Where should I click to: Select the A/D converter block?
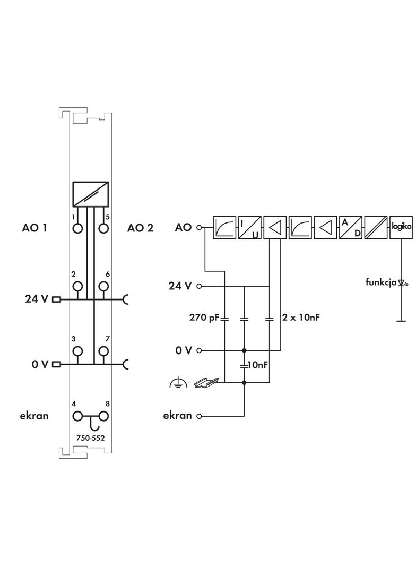[350, 227]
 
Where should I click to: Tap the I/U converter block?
[249, 227]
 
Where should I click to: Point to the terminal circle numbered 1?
[78, 228]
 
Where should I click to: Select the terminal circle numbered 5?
[103, 228]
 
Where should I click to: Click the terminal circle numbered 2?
[78, 286]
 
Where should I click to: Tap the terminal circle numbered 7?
[103, 351]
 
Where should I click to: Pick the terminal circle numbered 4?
[78, 416]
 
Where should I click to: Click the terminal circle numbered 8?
[103, 416]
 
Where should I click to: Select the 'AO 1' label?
[34, 228]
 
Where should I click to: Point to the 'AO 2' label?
[140, 228]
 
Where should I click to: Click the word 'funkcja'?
[381, 282]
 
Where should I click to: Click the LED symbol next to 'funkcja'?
[402, 283]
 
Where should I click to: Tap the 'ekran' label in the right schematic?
[177, 416]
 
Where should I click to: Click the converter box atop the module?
[91, 194]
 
